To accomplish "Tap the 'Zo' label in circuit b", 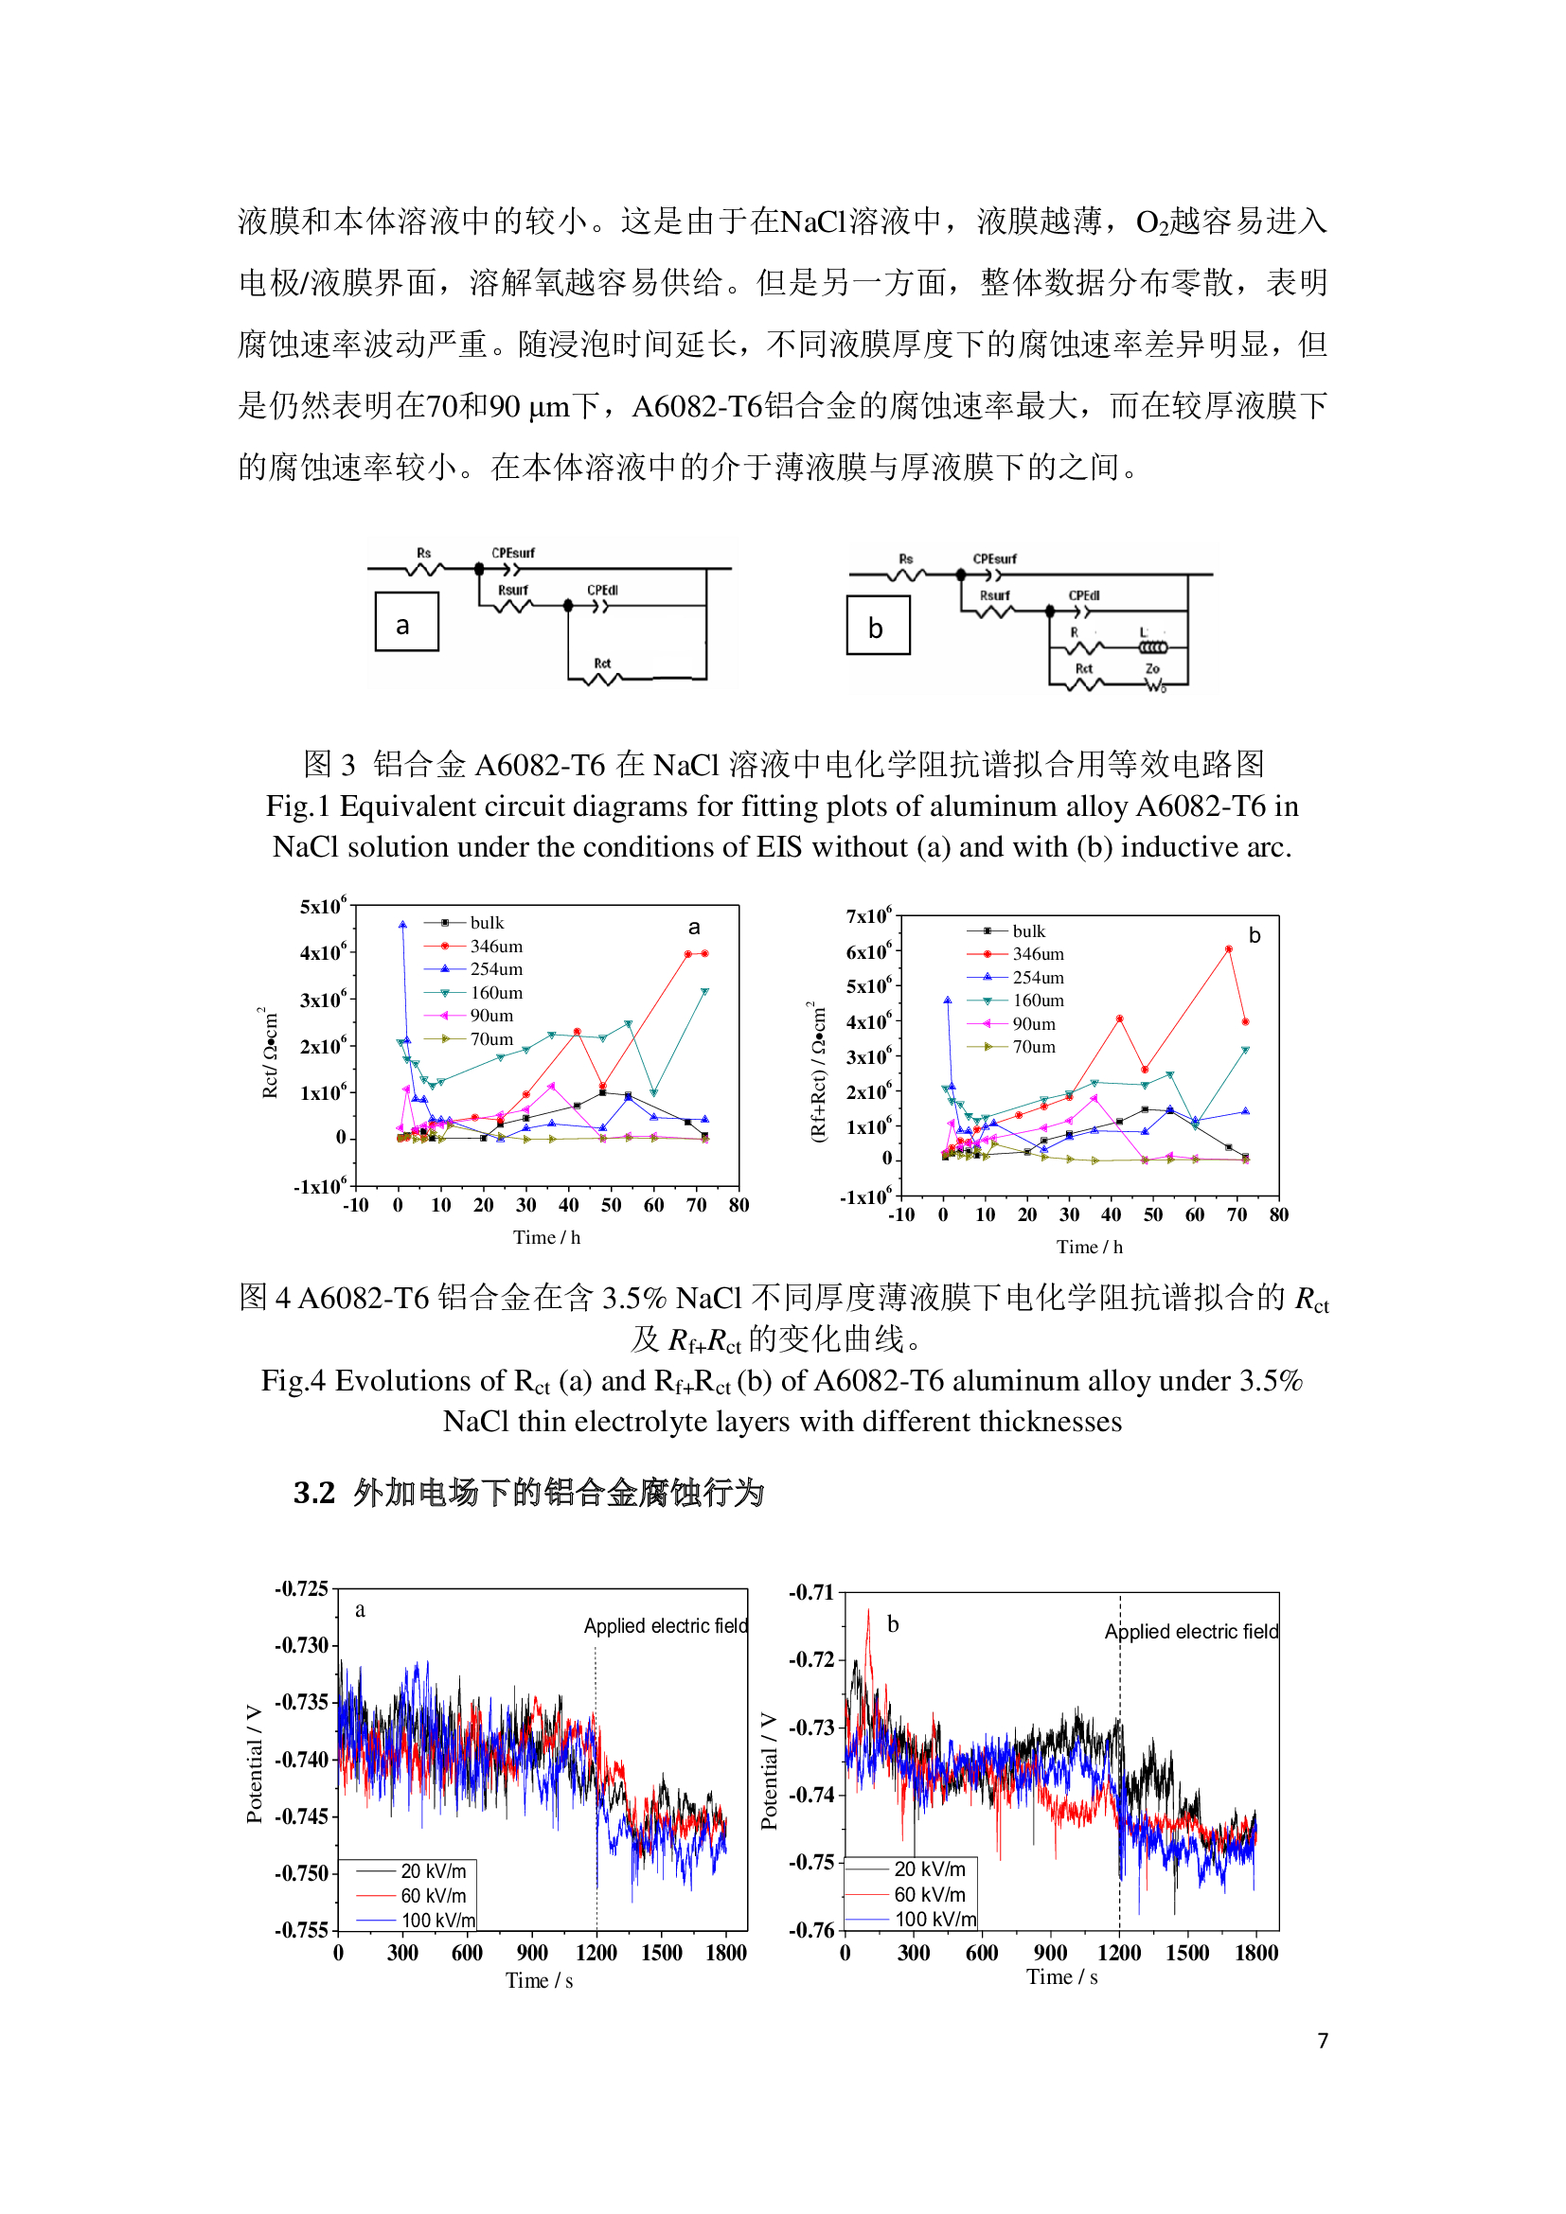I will tap(1152, 668).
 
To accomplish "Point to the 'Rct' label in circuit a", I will tap(602, 664).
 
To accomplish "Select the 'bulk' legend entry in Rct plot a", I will tap(487, 923).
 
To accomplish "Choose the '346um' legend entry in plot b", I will tap(1038, 954).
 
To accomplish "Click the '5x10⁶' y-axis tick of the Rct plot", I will tap(322, 907).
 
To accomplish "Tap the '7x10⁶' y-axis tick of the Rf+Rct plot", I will tap(868, 916).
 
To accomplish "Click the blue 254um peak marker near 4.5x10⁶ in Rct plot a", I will tap(402, 925).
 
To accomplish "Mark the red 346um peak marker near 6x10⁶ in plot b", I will tap(1229, 949).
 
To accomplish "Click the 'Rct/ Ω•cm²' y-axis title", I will tap(270, 1054).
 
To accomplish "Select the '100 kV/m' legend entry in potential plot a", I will tap(437, 1920).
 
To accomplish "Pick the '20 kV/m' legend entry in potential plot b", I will tap(930, 1869).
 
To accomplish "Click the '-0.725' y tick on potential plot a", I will tap(302, 1588).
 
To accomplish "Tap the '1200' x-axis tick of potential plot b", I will tap(1118, 1953).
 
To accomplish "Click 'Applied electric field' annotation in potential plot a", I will tap(666, 1626).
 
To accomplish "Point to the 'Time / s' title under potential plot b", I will tap(1061, 1976).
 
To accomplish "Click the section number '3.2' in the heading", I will tap(314, 1493).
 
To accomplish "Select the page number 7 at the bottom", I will tap(1323, 2041).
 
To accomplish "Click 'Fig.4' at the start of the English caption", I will tap(294, 1381).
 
